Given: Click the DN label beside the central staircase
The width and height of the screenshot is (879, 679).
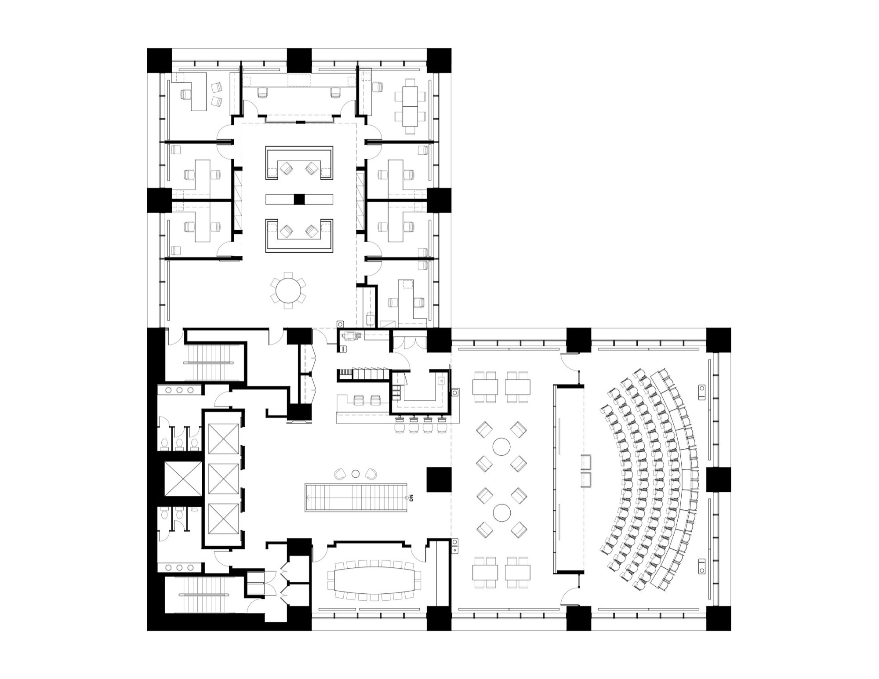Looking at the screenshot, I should click(x=412, y=498).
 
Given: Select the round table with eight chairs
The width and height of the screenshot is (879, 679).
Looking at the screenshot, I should click(x=289, y=290).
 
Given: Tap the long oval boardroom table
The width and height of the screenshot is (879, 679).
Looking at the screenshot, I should click(x=374, y=580).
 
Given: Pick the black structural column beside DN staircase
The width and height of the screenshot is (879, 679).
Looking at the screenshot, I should click(x=439, y=479).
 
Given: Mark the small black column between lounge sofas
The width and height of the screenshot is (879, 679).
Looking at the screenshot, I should click(x=299, y=199).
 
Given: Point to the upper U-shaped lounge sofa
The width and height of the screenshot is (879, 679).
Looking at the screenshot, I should click(x=299, y=163).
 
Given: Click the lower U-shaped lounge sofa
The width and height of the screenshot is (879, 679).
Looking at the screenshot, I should click(x=299, y=236).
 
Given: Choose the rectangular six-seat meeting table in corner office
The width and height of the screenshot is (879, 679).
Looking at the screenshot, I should click(x=410, y=106).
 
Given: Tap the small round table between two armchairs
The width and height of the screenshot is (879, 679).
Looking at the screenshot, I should click(x=356, y=473).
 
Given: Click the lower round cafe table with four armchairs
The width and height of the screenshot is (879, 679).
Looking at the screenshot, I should click(x=501, y=512).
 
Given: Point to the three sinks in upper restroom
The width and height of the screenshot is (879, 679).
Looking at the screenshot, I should click(x=180, y=390).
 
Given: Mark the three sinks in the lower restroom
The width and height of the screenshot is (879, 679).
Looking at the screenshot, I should click(x=180, y=567).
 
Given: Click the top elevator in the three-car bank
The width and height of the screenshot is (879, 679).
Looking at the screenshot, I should click(x=223, y=439).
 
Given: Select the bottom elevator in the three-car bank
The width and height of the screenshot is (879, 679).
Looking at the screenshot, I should click(x=223, y=519).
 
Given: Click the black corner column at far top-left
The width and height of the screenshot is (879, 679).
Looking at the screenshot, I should click(x=159, y=60).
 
